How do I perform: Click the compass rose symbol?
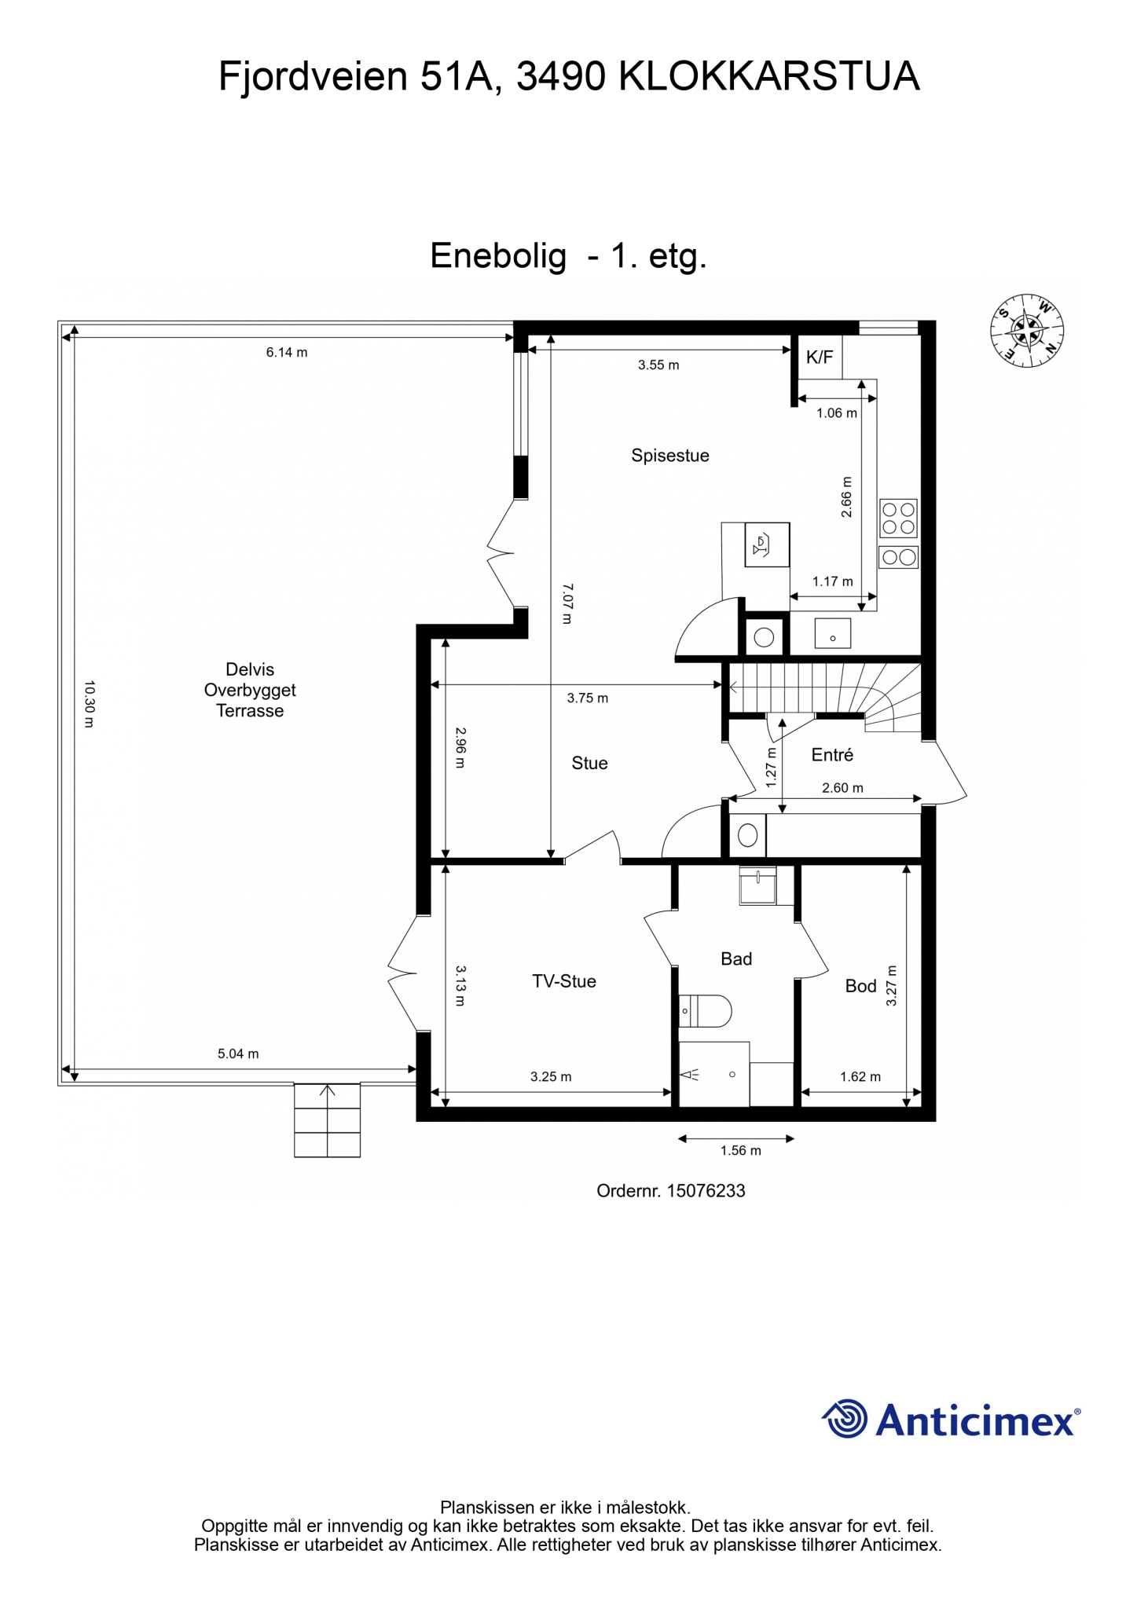1026,331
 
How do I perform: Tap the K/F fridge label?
820,357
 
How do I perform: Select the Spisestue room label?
670,456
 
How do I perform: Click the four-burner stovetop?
898,518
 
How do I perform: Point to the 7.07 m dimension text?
567,603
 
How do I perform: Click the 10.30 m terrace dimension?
89,704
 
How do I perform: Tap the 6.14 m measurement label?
287,353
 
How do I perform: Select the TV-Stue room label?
564,981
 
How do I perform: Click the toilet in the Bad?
705,1011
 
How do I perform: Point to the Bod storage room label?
860,986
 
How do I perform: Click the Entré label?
832,755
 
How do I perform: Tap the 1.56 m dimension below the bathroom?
741,1151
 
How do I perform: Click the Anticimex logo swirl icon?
845,1418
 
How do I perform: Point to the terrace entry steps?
327,1120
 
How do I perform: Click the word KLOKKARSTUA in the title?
770,77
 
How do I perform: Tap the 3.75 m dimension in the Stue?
588,698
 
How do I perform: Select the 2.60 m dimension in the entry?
842,788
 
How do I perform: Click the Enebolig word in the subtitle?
498,257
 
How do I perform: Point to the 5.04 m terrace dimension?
238,1054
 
